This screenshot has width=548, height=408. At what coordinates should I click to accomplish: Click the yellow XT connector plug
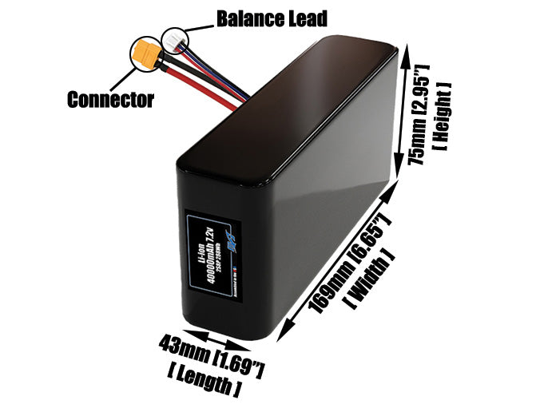point(145,53)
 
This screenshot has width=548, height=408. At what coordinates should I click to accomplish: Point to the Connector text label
point(110,100)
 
